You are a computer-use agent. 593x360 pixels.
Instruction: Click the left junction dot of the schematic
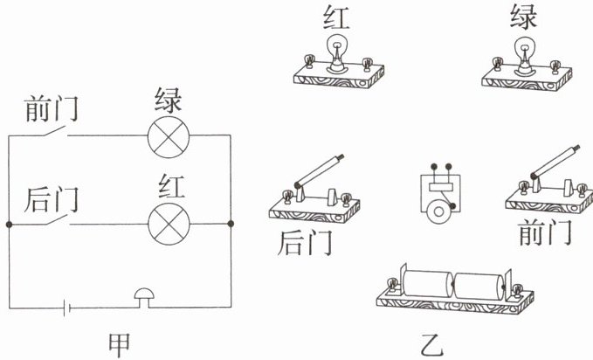(9, 225)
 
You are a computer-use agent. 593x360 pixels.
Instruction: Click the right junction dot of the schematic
(231, 225)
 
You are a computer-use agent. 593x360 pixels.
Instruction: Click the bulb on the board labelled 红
(336, 52)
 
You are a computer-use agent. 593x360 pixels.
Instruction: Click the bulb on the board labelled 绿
(524, 52)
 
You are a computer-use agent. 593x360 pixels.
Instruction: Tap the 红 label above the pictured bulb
(338, 17)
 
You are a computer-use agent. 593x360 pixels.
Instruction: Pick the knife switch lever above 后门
(319, 170)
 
